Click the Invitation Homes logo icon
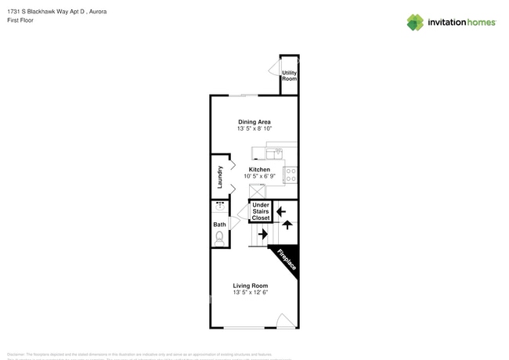415,22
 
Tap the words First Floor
20,21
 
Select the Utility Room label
289,76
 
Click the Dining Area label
254,122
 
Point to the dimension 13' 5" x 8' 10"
254,129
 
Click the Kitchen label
259,169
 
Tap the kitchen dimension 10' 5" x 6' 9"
259,176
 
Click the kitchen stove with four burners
291,175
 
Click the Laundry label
221,177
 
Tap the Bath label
220,225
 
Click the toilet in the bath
220,237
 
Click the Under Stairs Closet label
260,211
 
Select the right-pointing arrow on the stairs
262,233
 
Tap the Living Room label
251,286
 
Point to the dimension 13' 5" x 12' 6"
251,293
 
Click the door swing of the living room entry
286,321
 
